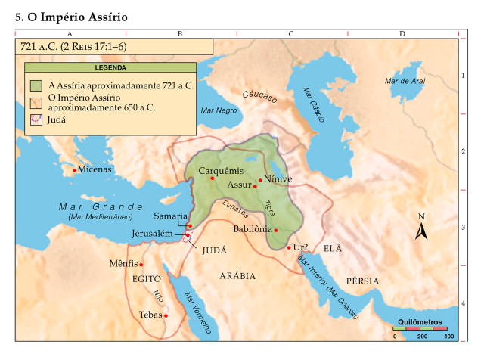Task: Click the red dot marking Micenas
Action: pyautogui.click(x=74, y=170)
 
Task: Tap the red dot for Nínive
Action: pyautogui.click(x=260, y=180)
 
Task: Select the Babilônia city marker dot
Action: pyautogui.click(x=276, y=230)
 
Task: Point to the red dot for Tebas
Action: pyautogui.click(x=166, y=315)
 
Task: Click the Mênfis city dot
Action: pyautogui.click(x=141, y=265)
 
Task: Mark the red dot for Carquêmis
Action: pyautogui.click(x=213, y=178)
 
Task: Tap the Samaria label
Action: pyautogui.click(x=170, y=216)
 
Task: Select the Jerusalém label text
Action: pyautogui.click(x=157, y=234)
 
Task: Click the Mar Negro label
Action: pyautogui.click(x=219, y=110)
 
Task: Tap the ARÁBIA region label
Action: pyautogui.click(x=237, y=275)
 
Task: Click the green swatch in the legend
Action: pyautogui.click(x=35, y=85)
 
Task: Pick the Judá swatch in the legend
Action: pyautogui.click(x=35, y=119)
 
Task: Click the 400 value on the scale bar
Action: pyautogui.click(x=449, y=336)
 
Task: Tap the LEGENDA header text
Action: pyautogui.click(x=110, y=67)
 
